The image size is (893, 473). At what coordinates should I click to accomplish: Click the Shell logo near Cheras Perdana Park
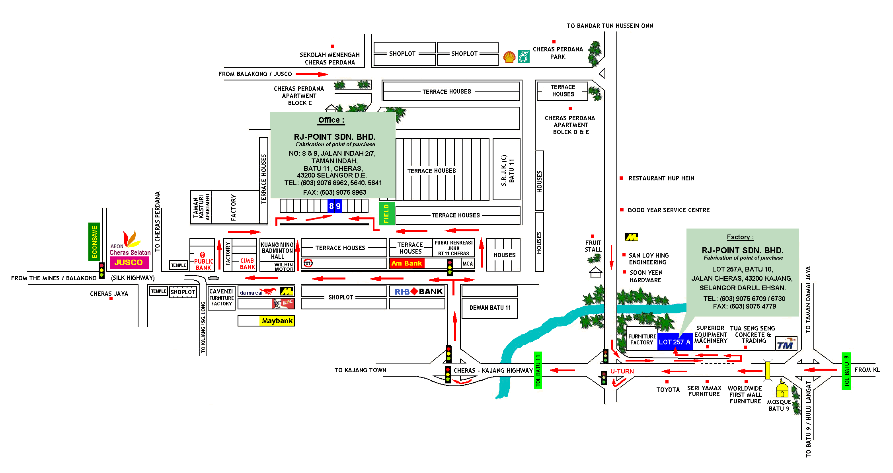(x=509, y=57)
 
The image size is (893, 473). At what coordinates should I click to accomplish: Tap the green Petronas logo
(x=523, y=57)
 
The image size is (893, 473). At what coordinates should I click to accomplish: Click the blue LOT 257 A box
(x=675, y=342)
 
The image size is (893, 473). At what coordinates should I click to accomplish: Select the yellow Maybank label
(x=277, y=321)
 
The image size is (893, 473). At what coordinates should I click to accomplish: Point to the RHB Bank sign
(x=418, y=291)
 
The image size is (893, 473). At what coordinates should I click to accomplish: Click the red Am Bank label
(x=407, y=263)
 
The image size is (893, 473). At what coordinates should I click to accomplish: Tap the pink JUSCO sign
(x=129, y=262)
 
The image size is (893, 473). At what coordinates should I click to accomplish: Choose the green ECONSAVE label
(x=94, y=242)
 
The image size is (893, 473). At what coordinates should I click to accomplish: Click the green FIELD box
(x=386, y=213)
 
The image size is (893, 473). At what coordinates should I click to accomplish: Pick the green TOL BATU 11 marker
(x=538, y=371)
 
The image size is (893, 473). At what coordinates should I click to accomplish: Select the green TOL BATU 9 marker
(x=846, y=371)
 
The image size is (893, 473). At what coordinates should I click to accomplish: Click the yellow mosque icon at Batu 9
(x=782, y=388)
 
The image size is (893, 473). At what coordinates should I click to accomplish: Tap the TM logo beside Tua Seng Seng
(x=786, y=344)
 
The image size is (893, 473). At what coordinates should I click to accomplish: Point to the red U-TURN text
(x=622, y=371)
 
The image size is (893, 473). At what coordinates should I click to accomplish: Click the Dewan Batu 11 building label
(x=490, y=307)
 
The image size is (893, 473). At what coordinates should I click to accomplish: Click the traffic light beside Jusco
(x=102, y=270)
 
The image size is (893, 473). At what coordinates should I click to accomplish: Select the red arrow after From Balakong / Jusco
(x=312, y=74)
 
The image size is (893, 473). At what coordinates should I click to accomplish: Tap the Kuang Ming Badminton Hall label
(x=277, y=251)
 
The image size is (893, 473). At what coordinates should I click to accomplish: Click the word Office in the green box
(x=329, y=120)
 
